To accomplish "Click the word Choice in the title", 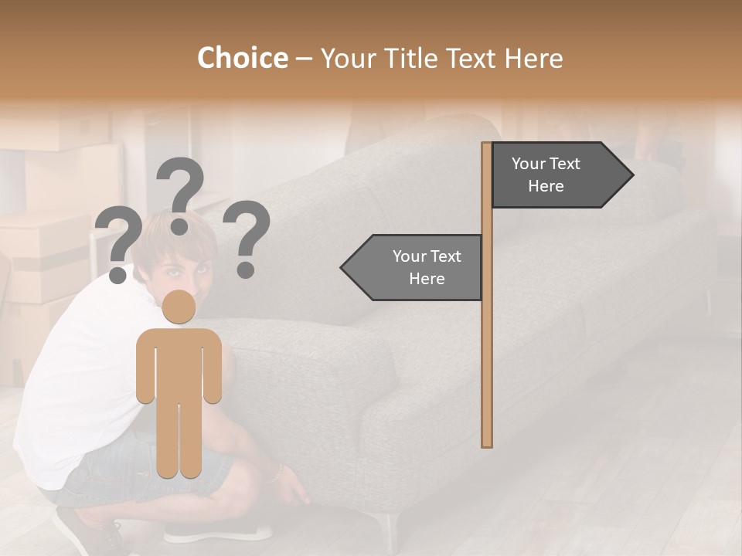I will click(x=242, y=58).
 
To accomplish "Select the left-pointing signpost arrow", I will click(x=413, y=267).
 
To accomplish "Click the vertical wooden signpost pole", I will click(x=487, y=347).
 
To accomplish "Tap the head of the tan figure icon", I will click(x=179, y=307).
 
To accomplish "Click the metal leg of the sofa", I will click(x=391, y=529).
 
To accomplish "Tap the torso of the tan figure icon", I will click(x=179, y=363).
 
